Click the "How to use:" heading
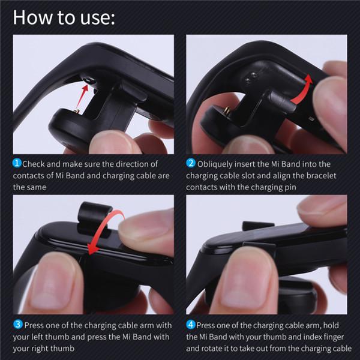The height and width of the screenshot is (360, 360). [x=64, y=17]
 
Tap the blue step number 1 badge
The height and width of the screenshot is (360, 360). [x=17, y=163]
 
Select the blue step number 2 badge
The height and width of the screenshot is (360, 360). [x=191, y=163]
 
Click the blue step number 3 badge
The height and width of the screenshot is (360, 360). [x=17, y=325]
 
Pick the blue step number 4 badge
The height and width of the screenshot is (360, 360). [x=191, y=325]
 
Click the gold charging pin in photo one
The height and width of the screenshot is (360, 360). [x=77, y=112]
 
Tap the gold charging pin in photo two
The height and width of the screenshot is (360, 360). [x=227, y=110]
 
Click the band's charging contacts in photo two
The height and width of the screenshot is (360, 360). [x=251, y=77]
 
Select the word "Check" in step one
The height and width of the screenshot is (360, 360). [x=34, y=164]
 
